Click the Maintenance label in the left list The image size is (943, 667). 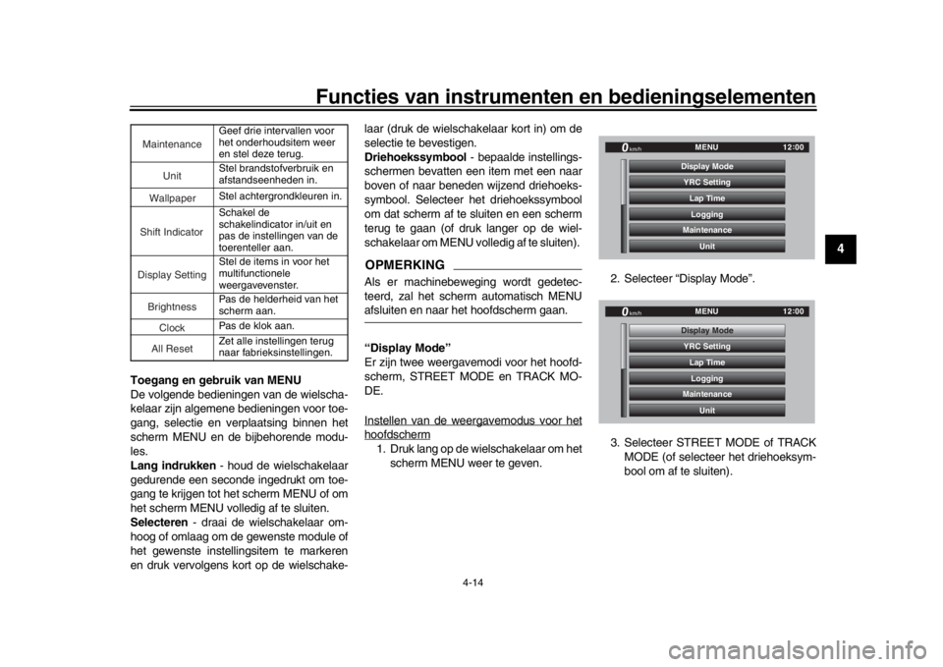click(x=172, y=144)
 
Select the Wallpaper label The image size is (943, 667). click(x=172, y=198)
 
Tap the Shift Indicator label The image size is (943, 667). click(x=171, y=232)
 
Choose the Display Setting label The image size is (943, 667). click(x=172, y=274)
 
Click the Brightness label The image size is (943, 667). click(x=172, y=306)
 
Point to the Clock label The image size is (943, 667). click(x=172, y=327)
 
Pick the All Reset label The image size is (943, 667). click(x=172, y=349)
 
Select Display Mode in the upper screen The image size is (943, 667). click(x=706, y=167)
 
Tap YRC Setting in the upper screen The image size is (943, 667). click(x=706, y=183)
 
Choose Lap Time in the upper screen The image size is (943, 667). click(x=706, y=198)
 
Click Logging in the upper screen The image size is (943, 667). click(x=706, y=214)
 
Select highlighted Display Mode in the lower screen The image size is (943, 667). click(x=706, y=331)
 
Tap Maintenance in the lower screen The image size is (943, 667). click(x=706, y=394)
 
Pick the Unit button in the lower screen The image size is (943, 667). click(x=706, y=411)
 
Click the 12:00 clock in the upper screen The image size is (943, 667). click(x=793, y=147)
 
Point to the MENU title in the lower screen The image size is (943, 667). click(x=706, y=311)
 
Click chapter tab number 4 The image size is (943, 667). click(x=841, y=249)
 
